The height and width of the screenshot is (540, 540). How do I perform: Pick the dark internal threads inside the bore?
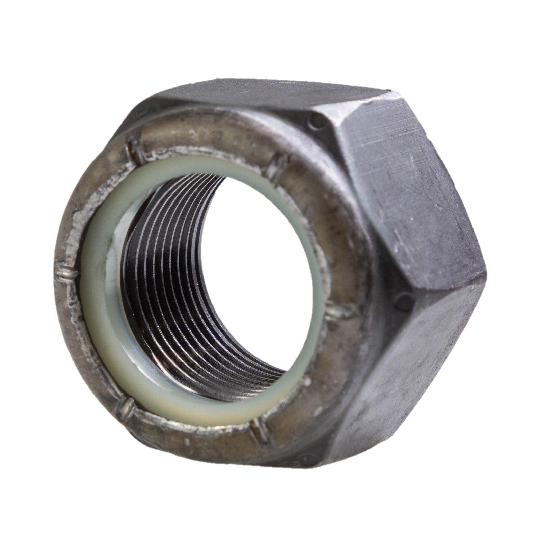click(x=175, y=287)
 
